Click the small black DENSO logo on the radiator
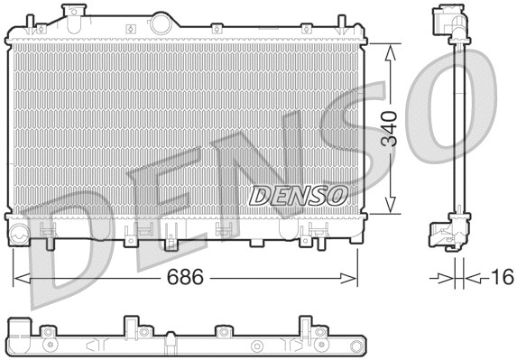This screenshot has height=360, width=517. pyautogui.click(x=298, y=195)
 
